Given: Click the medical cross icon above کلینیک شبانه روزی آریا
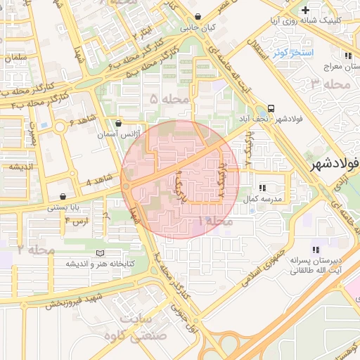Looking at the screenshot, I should point(304,10).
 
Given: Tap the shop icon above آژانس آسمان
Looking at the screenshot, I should point(118,123).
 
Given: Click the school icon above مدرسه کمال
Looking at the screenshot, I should point(262,188).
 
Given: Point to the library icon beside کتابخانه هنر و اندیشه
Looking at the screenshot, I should point(99,253).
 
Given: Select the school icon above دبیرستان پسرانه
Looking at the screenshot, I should point(316,250).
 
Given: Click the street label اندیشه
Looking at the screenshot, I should point(21,167).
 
